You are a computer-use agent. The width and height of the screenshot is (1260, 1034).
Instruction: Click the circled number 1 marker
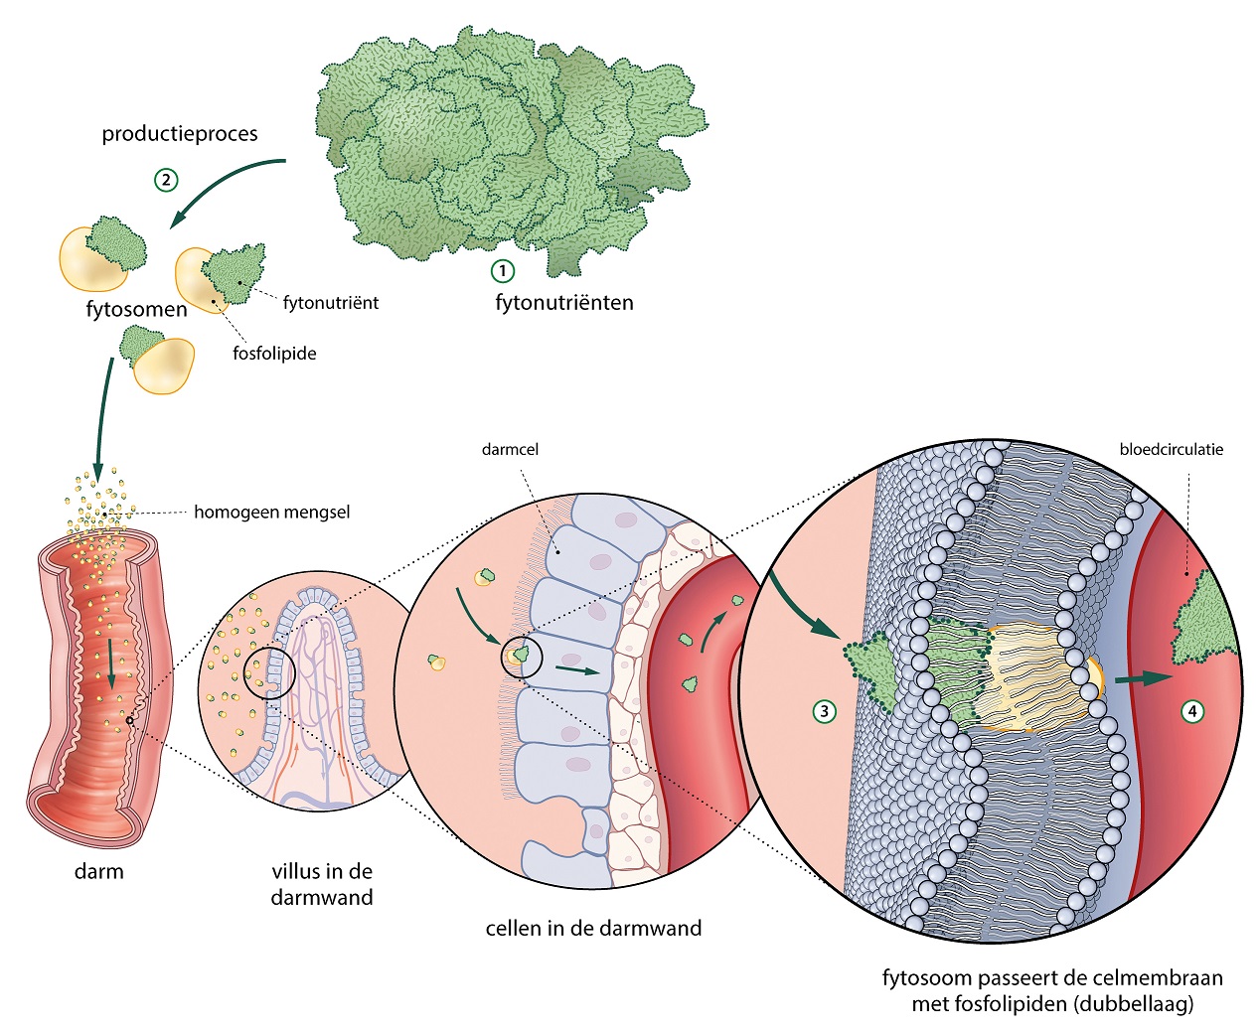503,270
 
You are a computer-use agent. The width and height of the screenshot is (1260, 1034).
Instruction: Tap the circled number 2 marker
166,180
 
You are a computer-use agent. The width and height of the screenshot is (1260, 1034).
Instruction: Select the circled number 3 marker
823,711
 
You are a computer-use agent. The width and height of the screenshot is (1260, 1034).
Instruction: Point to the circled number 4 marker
1192,711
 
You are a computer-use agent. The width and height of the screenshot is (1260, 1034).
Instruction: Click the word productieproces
180,134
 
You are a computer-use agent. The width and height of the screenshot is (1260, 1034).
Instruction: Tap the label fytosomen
136,309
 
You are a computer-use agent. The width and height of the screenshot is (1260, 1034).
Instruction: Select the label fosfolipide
274,354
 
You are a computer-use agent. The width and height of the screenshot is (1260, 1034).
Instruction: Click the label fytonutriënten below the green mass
563,303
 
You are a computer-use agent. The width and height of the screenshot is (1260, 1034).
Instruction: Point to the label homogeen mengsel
271,513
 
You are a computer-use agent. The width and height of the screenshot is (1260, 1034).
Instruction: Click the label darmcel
510,450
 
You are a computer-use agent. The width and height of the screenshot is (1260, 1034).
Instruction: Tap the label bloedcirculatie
1171,450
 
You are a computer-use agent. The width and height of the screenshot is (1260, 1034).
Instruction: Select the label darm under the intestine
99,872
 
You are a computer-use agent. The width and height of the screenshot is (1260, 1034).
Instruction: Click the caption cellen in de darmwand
593,929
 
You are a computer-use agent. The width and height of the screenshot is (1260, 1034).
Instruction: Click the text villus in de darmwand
322,884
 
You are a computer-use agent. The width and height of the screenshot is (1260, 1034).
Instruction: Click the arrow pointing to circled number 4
1143,679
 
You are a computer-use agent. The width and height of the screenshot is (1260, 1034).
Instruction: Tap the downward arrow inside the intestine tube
111,664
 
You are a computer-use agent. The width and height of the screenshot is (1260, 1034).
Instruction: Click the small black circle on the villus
274,675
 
